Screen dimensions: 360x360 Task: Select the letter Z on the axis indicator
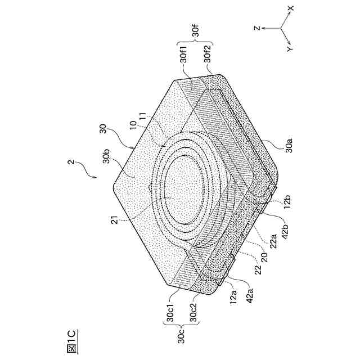(255, 27)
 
